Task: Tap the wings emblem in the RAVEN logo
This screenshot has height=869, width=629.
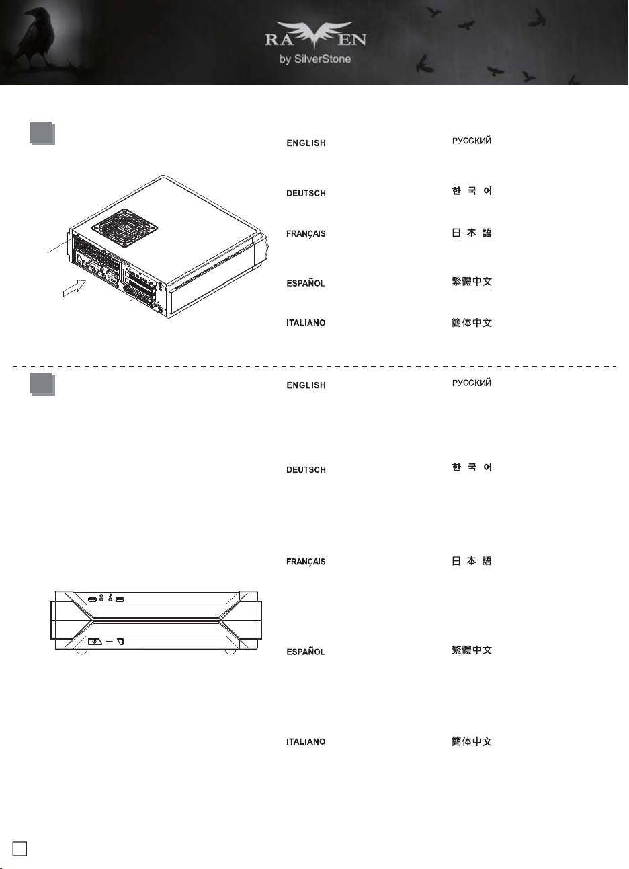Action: [314, 34]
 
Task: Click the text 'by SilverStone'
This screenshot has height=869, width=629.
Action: [315, 59]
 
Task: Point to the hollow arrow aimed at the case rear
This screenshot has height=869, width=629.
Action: [75, 287]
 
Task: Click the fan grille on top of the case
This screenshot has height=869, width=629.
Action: [124, 228]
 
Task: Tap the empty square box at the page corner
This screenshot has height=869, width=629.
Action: [19, 848]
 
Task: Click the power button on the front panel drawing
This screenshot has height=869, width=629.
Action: [95, 642]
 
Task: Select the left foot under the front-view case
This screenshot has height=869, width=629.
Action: [81, 652]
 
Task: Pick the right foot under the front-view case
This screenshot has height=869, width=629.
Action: [230, 652]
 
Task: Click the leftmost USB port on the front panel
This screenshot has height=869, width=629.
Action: [92, 600]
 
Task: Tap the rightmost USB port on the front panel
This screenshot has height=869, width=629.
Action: [120, 600]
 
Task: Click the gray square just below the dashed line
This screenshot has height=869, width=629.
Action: [42, 385]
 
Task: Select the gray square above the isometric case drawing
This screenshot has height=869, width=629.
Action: [42, 133]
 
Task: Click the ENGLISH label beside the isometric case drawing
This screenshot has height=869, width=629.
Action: [306, 143]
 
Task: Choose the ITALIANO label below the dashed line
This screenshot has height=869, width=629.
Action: [306, 742]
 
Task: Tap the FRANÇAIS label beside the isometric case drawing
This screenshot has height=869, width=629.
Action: [306, 234]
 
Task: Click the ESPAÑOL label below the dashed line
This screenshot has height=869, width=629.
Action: [306, 652]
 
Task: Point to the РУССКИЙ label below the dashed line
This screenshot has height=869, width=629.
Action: [472, 383]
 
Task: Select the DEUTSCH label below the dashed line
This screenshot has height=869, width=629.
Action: [306, 469]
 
